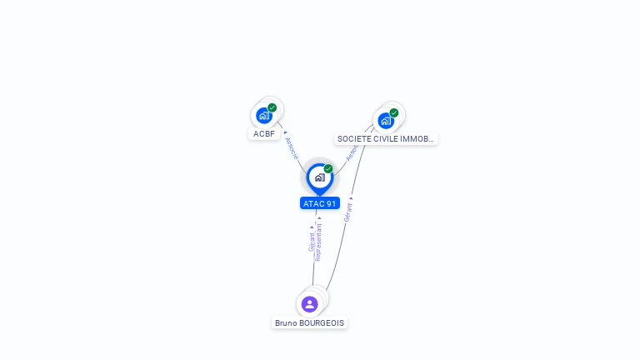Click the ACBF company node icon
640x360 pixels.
tap(264, 116)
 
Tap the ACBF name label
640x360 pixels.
tap(264, 133)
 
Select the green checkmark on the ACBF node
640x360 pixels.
tap(272, 107)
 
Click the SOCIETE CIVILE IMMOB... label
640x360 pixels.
tap(386, 139)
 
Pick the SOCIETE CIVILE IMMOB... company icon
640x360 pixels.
tap(385, 121)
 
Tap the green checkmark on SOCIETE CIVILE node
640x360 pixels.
tap(393, 112)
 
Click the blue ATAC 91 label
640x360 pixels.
tap(320, 203)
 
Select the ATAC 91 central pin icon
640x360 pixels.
tap(319, 177)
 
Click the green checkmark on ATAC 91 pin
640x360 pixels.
tap(328, 169)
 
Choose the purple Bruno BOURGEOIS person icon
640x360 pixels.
tap(310, 304)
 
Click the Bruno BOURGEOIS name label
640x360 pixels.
tap(310, 323)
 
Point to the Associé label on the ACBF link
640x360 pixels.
tap(291, 147)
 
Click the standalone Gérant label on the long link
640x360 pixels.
tap(348, 212)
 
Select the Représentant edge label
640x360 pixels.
tap(318, 242)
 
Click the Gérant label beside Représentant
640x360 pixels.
tap(312, 242)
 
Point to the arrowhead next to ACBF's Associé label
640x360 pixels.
tap(285, 132)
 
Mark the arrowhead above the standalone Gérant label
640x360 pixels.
tap(351, 198)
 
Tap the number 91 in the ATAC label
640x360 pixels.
tap(332, 203)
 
